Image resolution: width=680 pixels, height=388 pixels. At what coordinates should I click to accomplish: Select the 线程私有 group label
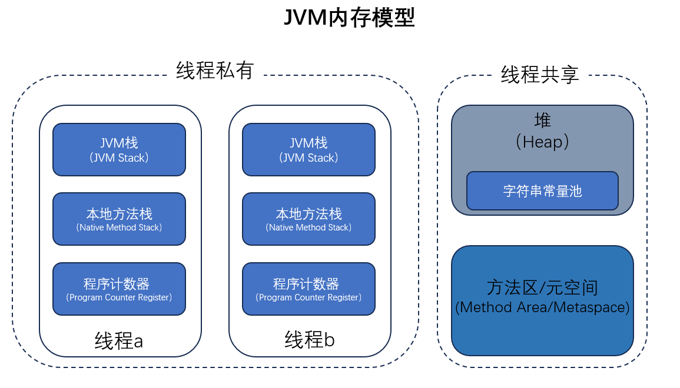point(215,71)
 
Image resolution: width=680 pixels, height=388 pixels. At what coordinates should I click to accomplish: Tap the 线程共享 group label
point(540,75)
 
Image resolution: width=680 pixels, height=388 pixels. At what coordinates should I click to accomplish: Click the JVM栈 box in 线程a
point(119,149)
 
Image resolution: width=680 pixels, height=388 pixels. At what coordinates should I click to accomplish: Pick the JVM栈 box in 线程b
point(309,149)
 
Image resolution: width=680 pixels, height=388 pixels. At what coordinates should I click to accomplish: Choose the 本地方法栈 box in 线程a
point(119,219)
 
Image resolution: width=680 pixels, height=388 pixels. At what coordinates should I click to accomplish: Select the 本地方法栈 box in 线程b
point(309,219)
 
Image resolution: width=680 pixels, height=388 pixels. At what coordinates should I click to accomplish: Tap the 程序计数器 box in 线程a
point(119,289)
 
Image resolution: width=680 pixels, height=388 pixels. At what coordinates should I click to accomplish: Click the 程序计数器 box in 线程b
point(309,289)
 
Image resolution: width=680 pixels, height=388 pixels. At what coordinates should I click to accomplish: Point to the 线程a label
point(119,341)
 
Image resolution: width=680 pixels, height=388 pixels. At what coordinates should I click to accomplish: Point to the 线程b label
point(310,340)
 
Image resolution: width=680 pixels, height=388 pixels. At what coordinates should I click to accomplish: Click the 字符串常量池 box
point(542,191)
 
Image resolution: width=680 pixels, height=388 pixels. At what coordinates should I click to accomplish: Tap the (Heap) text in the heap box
point(542,142)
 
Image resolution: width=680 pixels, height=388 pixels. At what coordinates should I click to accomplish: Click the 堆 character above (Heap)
point(542,121)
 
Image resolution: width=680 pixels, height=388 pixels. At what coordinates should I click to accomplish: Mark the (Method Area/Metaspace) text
point(542,307)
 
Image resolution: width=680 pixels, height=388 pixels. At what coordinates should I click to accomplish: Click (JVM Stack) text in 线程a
point(119,158)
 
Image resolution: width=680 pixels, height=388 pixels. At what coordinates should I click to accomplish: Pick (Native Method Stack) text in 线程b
point(309,228)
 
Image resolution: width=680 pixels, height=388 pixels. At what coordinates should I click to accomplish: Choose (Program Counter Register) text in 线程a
point(119,297)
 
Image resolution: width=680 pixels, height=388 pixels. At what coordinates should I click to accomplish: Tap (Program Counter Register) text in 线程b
point(309,297)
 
